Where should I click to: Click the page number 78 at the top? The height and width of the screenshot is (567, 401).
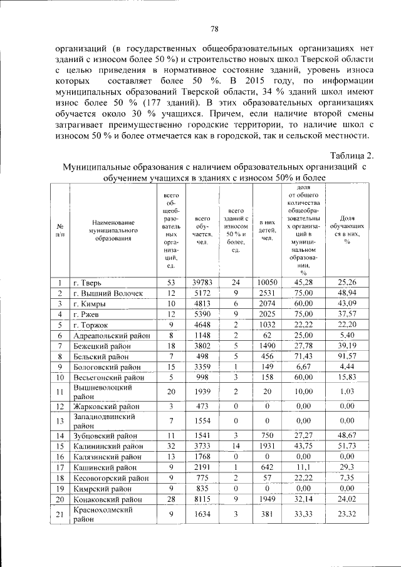tap(214, 29)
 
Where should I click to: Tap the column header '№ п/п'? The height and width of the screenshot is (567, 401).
tap(58, 231)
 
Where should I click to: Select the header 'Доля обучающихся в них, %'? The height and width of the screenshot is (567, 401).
tap(346, 231)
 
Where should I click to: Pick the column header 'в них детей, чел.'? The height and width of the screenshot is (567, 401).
tap(266, 231)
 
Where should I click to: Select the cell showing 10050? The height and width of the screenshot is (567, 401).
tap(266, 282)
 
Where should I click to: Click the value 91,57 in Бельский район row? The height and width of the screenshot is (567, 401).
tap(346, 356)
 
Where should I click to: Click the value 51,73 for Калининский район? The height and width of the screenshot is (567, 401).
tap(346, 446)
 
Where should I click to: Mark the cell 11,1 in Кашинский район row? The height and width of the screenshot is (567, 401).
tap(303, 467)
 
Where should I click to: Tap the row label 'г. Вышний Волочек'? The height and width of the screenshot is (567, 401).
tap(108, 293)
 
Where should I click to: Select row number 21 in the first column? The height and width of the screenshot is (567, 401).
tap(58, 514)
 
